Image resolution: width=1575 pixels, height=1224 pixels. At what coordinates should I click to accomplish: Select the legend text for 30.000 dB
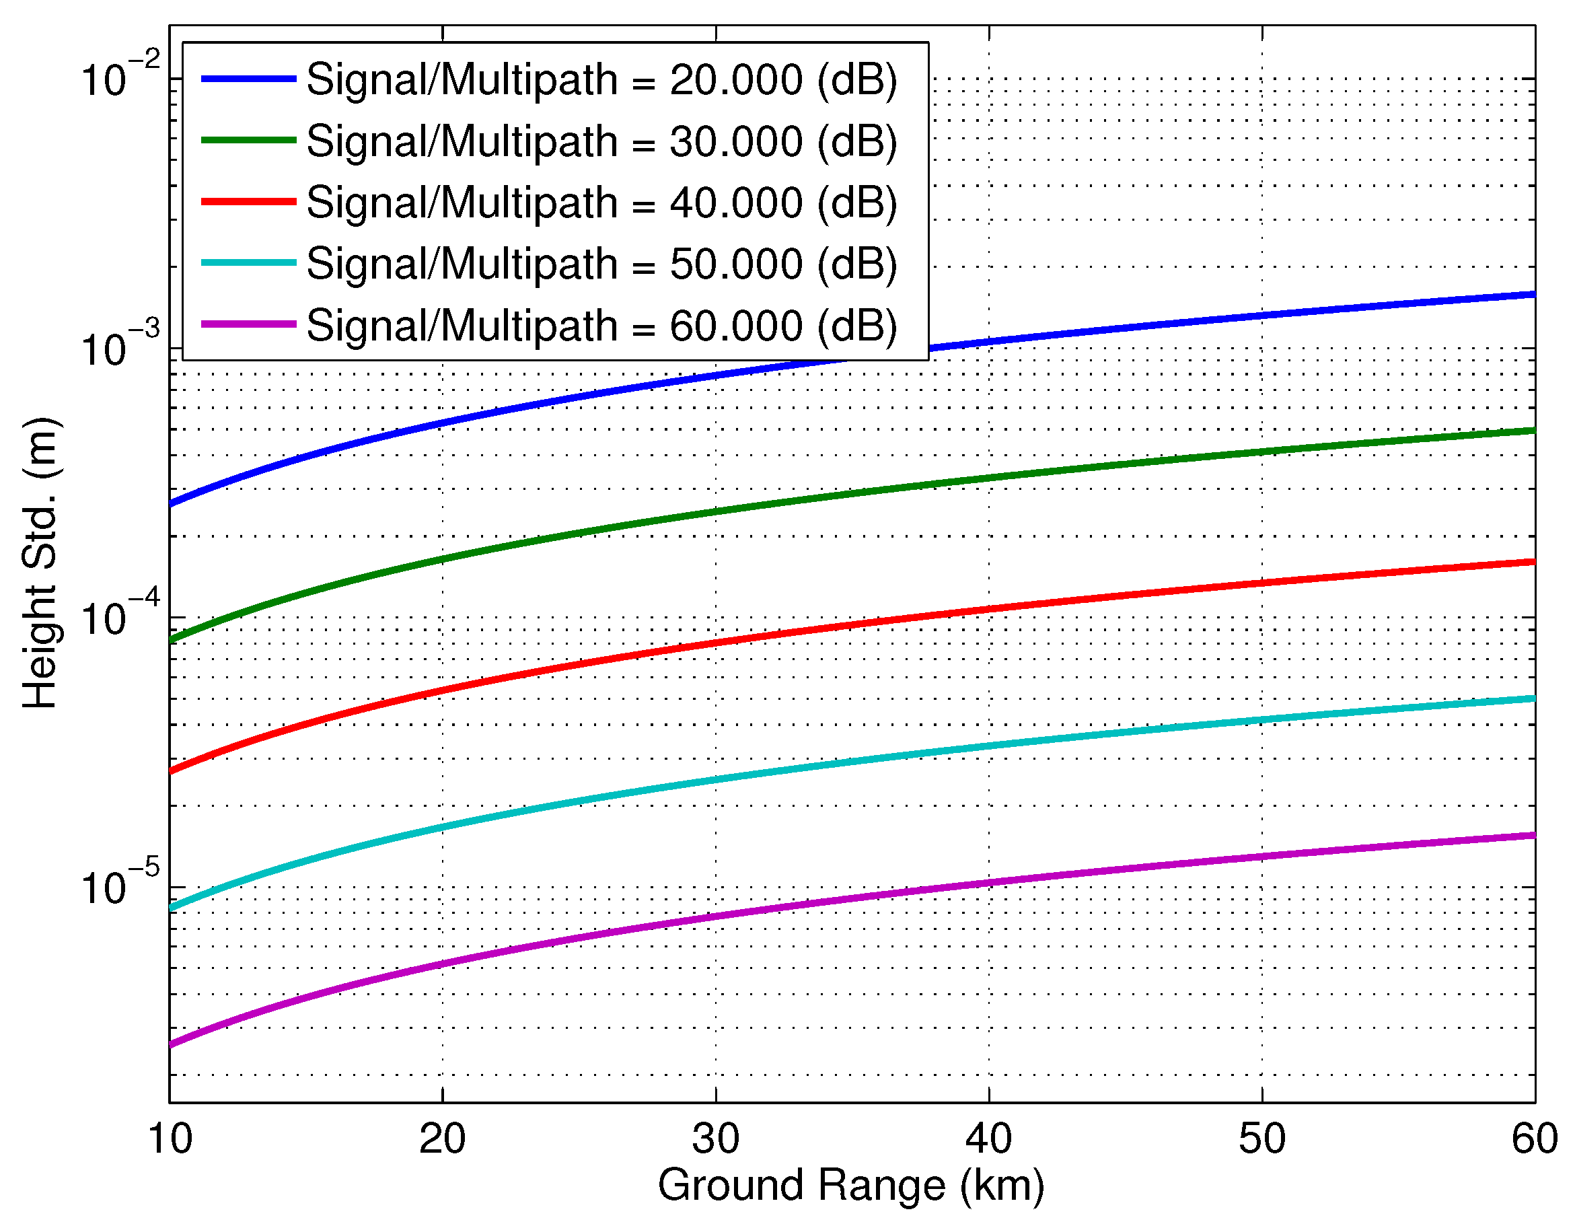601,141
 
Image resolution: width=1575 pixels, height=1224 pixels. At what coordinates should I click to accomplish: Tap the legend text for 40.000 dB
601,202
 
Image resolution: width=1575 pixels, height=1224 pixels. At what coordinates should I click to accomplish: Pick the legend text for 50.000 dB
601,263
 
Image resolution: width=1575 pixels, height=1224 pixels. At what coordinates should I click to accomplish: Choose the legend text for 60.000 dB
601,325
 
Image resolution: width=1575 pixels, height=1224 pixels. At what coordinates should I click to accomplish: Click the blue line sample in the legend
248,78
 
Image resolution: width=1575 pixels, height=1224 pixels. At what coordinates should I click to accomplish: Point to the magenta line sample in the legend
248,324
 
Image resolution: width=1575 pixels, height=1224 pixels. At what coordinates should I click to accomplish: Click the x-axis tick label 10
170,1140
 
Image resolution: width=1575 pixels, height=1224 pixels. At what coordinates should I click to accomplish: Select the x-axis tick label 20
442,1140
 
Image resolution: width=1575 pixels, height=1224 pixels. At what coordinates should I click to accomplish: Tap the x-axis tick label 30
715,1140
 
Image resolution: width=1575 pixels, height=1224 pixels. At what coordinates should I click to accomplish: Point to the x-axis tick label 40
989,1140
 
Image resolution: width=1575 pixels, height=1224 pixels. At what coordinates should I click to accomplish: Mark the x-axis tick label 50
1262,1140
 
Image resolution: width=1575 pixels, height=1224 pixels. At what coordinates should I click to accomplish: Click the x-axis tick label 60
1534,1140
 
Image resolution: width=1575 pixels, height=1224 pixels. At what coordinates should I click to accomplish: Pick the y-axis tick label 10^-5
119,885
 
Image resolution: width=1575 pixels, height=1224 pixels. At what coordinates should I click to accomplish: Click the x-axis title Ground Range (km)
851,1186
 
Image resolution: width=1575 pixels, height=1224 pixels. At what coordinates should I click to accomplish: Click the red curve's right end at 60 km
1533,562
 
